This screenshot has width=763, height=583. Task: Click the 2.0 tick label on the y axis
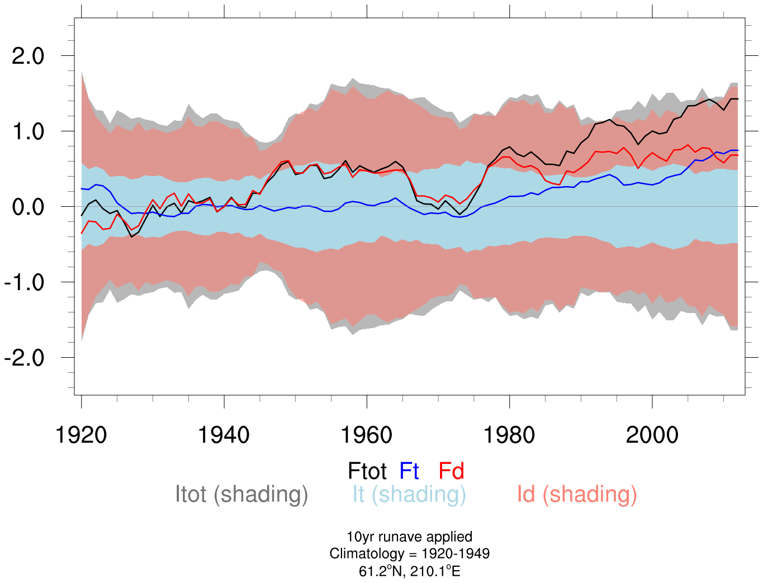[28, 56]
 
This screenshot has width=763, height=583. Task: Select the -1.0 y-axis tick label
[24, 282]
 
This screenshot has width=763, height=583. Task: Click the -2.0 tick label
[24, 358]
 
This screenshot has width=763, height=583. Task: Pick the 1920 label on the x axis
[82, 435]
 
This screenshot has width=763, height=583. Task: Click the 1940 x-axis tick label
[224, 435]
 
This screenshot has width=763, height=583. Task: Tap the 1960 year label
[367, 435]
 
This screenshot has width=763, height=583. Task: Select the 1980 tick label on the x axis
[509, 435]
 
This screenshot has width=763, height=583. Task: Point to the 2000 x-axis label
[652, 435]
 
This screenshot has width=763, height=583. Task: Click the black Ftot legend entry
[367, 471]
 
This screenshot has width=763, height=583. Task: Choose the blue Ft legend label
[409, 471]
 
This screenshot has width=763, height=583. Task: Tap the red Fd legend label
[451, 471]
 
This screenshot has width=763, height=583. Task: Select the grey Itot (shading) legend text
[241, 495]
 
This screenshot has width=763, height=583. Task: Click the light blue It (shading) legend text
[409, 495]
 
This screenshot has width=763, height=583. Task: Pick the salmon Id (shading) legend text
[577, 495]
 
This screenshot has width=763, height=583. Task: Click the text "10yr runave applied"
[409, 537]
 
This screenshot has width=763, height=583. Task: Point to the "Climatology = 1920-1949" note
[409, 554]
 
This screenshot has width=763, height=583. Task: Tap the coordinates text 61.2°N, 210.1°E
[409, 571]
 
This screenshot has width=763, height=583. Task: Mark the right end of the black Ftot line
[738, 99]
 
